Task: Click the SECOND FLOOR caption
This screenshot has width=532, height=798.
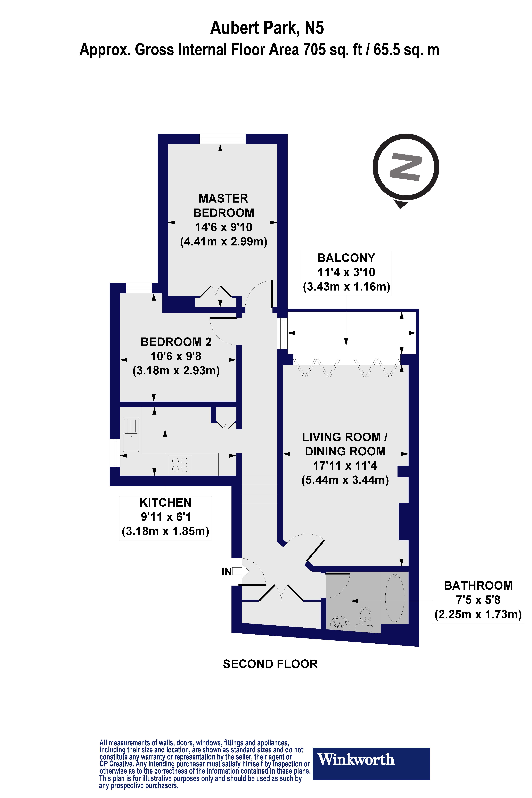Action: [270, 664]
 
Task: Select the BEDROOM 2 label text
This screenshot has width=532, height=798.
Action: [176, 342]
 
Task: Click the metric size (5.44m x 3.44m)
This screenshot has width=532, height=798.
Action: [345, 480]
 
